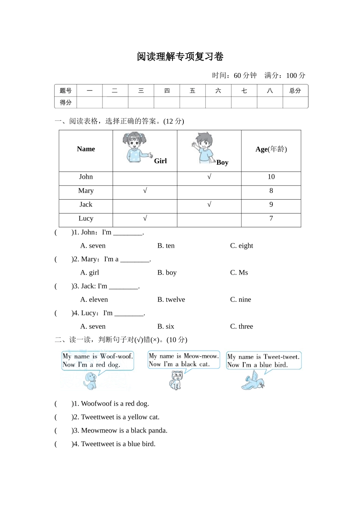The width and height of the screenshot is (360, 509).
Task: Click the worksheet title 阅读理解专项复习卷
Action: pyautogui.click(x=180, y=57)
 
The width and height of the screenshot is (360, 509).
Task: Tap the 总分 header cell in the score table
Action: pyautogui.click(x=295, y=91)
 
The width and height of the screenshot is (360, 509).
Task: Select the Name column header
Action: pyautogui.click(x=86, y=149)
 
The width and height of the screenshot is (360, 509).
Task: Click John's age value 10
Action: pyautogui.click(x=271, y=177)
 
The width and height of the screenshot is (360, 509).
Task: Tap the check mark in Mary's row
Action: pyautogui.click(x=145, y=190)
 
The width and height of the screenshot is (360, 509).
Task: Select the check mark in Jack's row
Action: pyautogui.click(x=209, y=205)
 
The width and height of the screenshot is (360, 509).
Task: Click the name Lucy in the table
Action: pyautogui.click(x=86, y=219)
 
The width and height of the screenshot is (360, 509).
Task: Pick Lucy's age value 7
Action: pyautogui.click(x=271, y=219)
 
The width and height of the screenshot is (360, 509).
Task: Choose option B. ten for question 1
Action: pyautogui.click(x=166, y=246)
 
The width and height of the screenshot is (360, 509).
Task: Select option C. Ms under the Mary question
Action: pyautogui.click(x=239, y=273)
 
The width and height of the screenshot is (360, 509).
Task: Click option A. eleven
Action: pyautogui.click(x=94, y=300)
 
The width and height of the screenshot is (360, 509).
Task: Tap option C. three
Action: pyautogui.click(x=241, y=326)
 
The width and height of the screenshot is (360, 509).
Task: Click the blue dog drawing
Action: pyautogui.click(x=90, y=381)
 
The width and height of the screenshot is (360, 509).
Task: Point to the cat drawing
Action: pyautogui.click(x=175, y=380)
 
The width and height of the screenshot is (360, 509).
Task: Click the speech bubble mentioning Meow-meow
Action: pyautogui.click(x=184, y=360)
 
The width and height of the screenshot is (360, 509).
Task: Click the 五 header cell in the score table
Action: pyautogui.click(x=193, y=91)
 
